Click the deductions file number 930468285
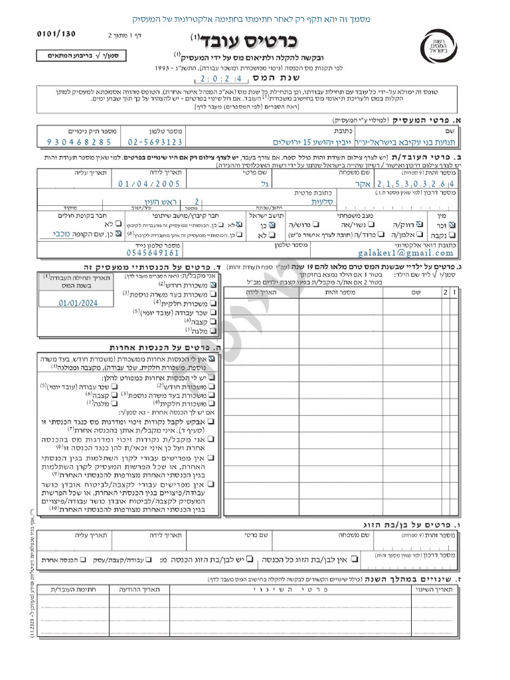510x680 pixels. coord(79,142)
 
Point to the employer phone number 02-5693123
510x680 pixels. coord(155,142)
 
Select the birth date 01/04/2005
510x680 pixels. coord(149,184)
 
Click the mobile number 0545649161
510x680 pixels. coord(153,252)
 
